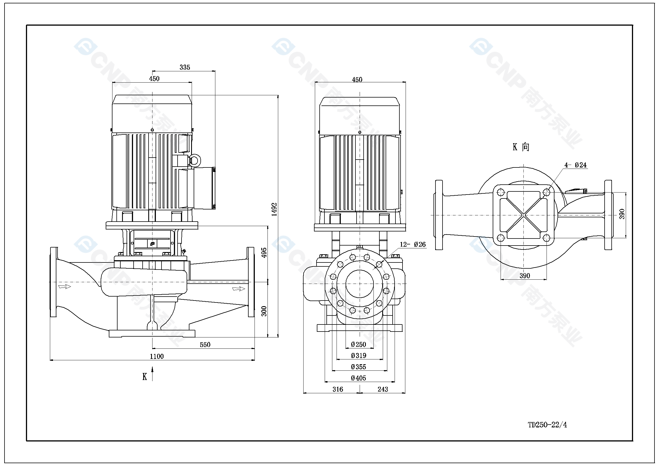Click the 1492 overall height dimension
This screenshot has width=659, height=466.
[274, 209]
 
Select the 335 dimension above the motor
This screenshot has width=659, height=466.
[185, 67]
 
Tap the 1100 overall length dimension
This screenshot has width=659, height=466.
[157, 356]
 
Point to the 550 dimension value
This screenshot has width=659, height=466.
[205, 344]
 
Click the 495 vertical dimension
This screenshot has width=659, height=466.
[264, 252]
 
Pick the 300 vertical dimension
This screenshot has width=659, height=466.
[264, 311]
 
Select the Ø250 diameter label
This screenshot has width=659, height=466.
[359, 344]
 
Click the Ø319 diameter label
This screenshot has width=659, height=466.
[359, 355]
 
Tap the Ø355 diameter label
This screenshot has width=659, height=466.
[359, 367]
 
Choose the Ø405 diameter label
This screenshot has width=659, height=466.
[359, 378]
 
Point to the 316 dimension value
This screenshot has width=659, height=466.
[338, 389]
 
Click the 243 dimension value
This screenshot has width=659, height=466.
[382, 389]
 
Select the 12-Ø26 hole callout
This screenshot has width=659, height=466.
[413, 244]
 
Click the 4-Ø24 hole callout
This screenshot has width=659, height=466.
[576, 165]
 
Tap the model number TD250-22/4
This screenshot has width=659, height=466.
[547, 425]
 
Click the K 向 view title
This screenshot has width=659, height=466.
[521, 147]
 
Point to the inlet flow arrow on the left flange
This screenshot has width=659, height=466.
[65, 286]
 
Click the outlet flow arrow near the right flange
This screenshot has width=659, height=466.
[238, 289]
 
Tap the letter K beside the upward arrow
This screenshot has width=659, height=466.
[145, 377]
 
